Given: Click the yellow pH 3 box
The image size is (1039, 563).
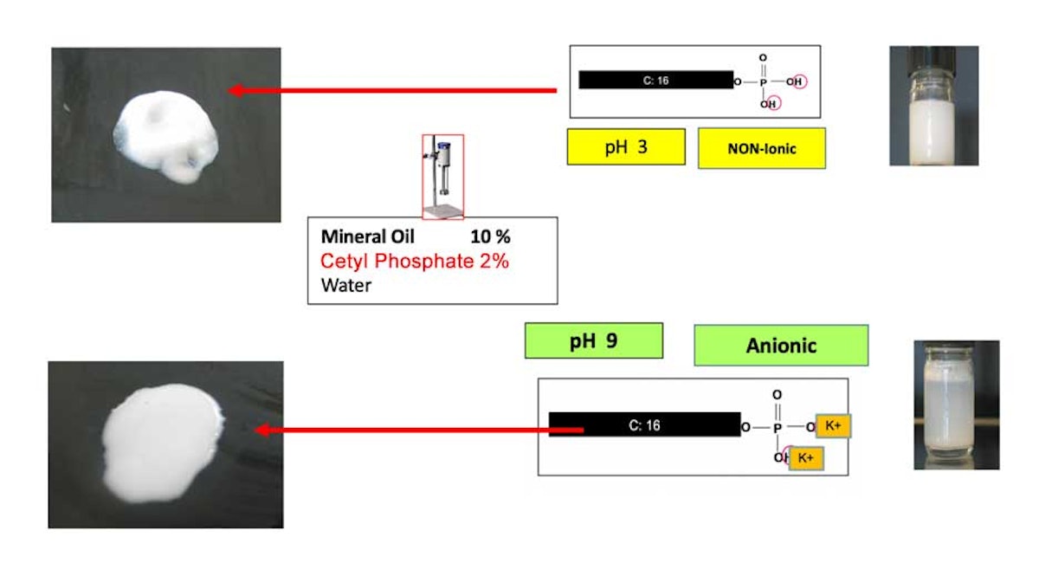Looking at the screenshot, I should [x=626, y=146].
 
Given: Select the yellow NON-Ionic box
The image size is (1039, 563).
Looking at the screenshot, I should [x=762, y=148].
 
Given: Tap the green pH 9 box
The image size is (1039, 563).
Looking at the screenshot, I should [x=594, y=340].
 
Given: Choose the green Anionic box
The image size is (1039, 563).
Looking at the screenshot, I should [x=781, y=346].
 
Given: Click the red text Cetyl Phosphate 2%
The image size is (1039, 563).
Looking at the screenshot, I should [x=415, y=261].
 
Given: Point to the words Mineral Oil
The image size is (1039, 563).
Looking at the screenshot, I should [x=368, y=236].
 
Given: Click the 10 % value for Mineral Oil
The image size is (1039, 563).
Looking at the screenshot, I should [x=490, y=236].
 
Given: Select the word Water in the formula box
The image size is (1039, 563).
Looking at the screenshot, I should [x=345, y=284].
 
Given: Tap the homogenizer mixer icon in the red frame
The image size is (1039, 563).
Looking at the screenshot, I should [x=442, y=177].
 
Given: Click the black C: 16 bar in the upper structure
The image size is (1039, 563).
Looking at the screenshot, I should [x=655, y=81].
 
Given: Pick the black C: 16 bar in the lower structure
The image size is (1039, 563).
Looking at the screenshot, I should [x=644, y=424].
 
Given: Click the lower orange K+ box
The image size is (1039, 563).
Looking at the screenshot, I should [x=805, y=457].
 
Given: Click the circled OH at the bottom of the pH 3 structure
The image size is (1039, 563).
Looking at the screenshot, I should [x=769, y=104].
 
